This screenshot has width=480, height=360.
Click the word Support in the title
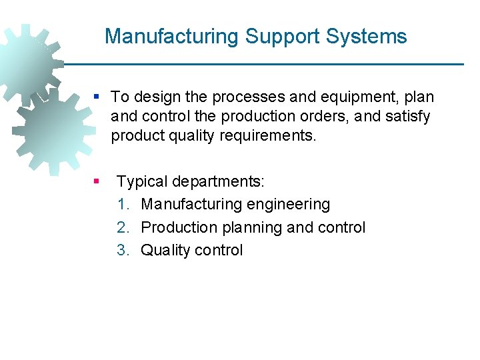283,36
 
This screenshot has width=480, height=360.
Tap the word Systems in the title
367,36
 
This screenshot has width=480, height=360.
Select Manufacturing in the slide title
171,36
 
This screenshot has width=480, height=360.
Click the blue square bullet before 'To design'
97,97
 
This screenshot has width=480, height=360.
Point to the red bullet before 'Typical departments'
97,181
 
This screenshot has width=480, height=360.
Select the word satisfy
407,117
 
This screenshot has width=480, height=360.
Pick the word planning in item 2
251,227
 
